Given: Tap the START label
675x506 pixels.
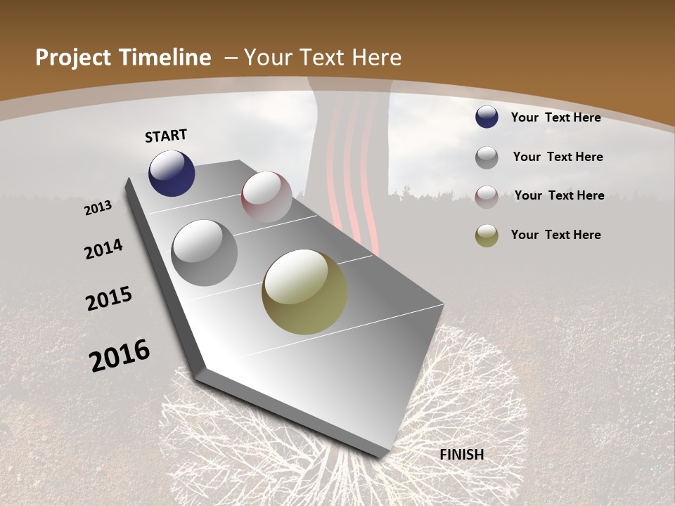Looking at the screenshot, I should pos(166,136).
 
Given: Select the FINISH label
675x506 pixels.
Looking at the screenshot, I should pos(462,455).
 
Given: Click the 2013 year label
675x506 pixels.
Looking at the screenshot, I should pos(98,207).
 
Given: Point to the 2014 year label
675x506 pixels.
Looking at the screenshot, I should pos(103,249).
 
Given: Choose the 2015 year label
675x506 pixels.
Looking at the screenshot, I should pos(109,299).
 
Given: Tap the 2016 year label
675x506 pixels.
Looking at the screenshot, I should pos(120,356).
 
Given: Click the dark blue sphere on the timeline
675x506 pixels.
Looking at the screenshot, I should pos(172,173).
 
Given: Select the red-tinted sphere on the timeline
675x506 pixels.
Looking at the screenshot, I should pos(266,197).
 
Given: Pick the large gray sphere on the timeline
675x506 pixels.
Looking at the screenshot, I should pos(205,253).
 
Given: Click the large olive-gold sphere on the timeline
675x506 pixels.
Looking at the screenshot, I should pos(304,292).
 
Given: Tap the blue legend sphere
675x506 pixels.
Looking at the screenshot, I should pos(487,117).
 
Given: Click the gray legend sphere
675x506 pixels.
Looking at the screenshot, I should pos(487,157).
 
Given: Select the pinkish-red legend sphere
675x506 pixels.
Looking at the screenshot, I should pos(487,197).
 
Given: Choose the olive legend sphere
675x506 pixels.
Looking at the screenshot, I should pos(487,236).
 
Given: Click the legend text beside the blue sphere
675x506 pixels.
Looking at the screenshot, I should pos(556,117).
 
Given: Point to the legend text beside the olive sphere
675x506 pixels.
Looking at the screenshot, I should pos(556,235).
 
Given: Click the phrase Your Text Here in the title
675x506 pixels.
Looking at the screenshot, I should pos(323,58).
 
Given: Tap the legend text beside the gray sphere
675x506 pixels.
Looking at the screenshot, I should pos(558,157).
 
